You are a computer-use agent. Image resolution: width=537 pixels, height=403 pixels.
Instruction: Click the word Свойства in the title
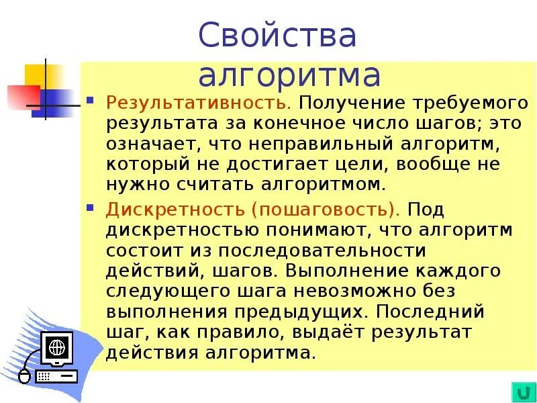(277, 35)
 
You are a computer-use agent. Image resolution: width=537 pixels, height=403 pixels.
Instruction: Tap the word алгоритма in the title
(289, 75)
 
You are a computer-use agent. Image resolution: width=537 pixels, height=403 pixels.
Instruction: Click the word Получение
(347, 104)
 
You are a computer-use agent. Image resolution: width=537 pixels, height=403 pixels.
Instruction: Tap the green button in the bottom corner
(521, 391)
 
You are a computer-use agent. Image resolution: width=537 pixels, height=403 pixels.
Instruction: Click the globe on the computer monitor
(57, 347)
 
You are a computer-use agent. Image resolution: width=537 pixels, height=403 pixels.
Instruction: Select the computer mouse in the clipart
(25, 375)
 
